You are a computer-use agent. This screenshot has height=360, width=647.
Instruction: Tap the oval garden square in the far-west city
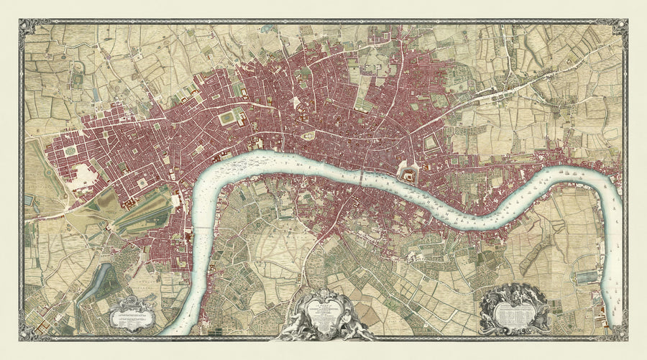(x=70, y=151)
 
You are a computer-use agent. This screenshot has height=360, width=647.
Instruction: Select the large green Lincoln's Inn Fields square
(x=229, y=117)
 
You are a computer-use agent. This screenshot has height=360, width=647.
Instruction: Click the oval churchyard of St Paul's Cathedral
(x=309, y=135)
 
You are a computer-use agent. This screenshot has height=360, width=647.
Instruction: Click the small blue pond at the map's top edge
(x=267, y=29)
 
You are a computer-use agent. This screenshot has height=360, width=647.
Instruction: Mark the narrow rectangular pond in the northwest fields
(x=96, y=94)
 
